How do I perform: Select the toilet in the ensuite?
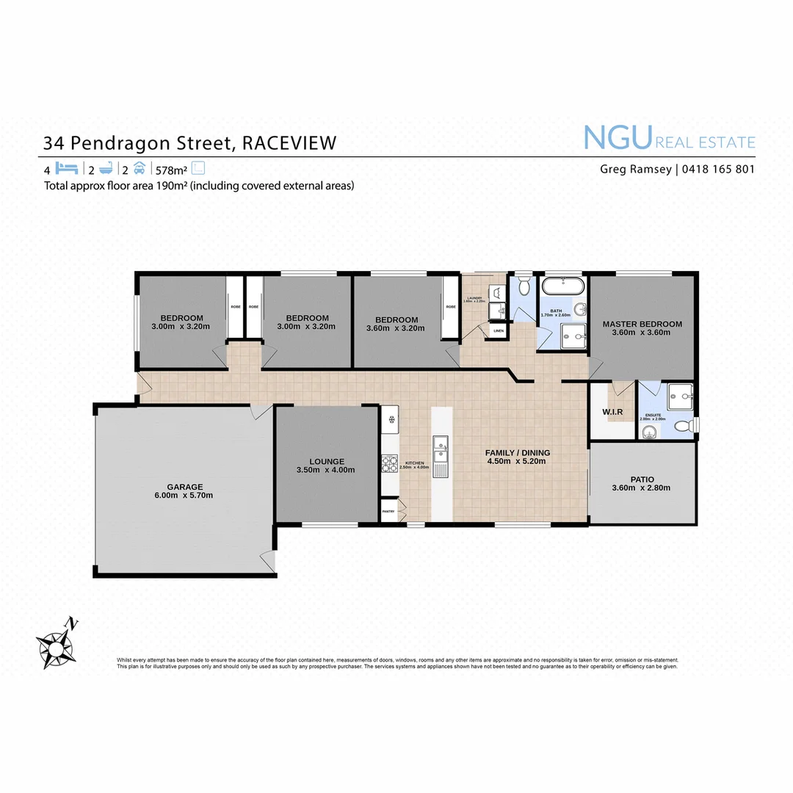pyautogui.click(x=682, y=424)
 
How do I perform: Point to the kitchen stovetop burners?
pyautogui.click(x=388, y=463)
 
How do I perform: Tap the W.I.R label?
pyautogui.click(x=612, y=412)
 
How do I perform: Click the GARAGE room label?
pyautogui.click(x=184, y=487)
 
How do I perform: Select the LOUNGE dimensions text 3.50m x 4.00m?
pyautogui.click(x=325, y=470)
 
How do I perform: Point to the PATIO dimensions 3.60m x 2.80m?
pyautogui.click(x=641, y=488)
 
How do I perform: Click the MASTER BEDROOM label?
pyautogui.click(x=642, y=324)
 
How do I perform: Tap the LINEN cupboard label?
pyautogui.click(x=499, y=331)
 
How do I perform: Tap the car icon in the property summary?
pyautogui.click(x=140, y=167)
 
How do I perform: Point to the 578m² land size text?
pyautogui.click(x=172, y=168)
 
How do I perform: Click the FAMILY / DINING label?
pyautogui.click(x=518, y=452)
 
